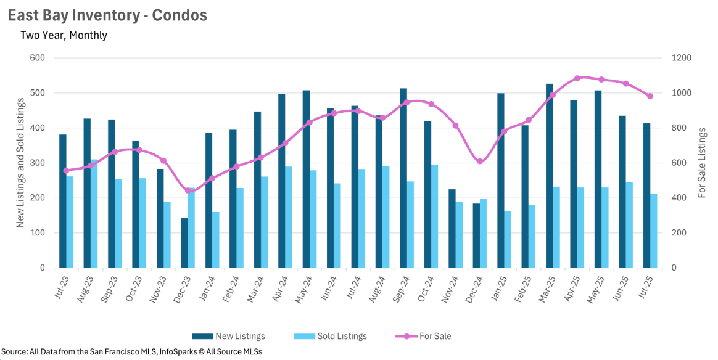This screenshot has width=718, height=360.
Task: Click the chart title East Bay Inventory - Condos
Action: [107, 15]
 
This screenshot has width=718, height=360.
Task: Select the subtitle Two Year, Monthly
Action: [64, 35]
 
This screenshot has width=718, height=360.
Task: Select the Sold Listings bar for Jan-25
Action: [508, 239]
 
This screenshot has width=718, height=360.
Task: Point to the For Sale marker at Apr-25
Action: [577, 78]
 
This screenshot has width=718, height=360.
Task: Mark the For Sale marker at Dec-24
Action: [480, 162]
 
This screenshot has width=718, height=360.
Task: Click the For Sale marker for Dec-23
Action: [188, 190]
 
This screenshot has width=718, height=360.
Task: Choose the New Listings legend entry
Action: [229, 336]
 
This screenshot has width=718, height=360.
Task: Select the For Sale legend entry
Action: [424, 336]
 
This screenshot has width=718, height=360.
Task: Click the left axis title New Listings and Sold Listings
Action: [21, 163]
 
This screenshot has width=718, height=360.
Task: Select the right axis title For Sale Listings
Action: [702, 163]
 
